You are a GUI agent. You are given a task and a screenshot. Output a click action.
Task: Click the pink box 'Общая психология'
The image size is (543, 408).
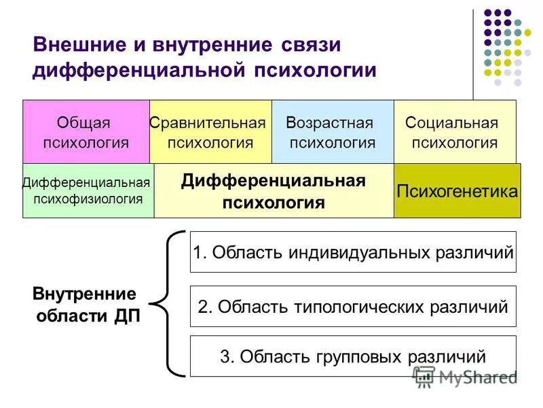click(86, 132)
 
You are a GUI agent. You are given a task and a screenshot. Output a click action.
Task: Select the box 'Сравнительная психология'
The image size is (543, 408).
click(210, 132)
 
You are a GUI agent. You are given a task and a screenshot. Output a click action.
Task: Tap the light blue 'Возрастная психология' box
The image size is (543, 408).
click(333, 132)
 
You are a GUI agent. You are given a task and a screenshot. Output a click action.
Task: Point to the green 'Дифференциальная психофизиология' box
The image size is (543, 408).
click(88, 190)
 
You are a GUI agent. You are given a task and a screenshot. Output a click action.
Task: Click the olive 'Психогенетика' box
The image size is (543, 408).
click(457, 191)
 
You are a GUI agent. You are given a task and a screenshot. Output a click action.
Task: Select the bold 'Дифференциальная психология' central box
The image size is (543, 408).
click(274, 191)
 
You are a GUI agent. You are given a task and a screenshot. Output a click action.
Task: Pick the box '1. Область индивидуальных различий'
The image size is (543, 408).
click(353, 252)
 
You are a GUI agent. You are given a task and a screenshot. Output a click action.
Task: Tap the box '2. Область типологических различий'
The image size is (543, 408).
click(353, 307)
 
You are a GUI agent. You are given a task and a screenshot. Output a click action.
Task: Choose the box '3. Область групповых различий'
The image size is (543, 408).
click(353, 356)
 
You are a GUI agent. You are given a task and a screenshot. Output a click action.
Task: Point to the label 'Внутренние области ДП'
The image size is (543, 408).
click(85, 305)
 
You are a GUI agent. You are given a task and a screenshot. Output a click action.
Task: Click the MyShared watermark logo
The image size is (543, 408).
click(465, 376)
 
